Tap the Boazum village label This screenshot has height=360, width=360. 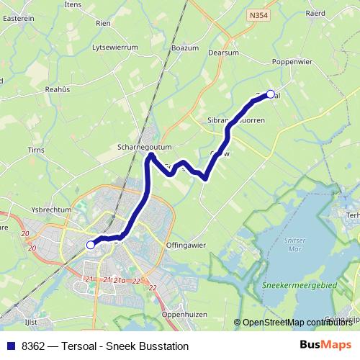click(184, 48)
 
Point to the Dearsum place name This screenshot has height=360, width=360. click(222, 52)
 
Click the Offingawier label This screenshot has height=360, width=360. click(186, 245)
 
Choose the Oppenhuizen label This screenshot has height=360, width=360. click(184, 315)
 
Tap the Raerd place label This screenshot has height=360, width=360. click(336, 12)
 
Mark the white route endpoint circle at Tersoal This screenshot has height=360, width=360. click(271, 94)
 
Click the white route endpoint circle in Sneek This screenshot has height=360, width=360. click(91, 245)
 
